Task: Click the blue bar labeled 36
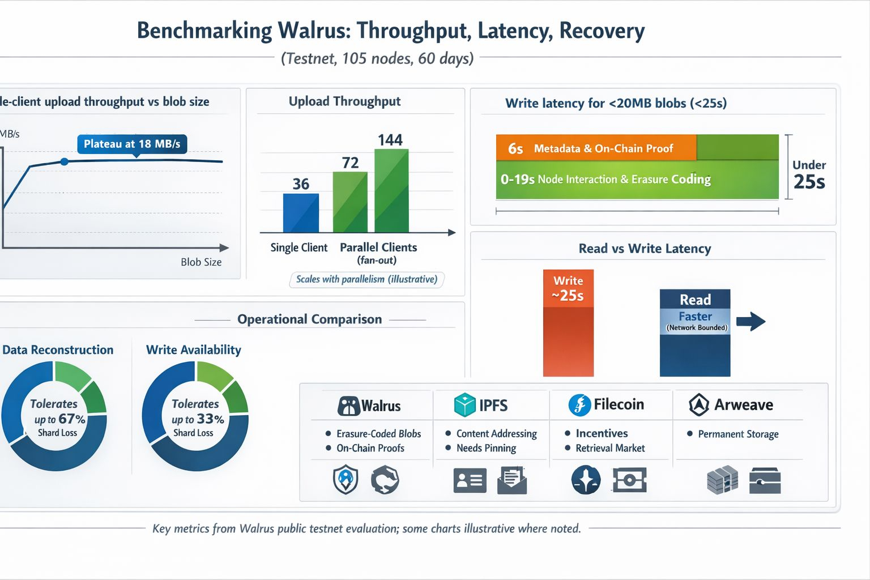(x=301, y=213)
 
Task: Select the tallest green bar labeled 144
(x=391, y=191)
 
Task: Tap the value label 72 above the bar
(x=351, y=163)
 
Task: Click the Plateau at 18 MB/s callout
(x=132, y=144)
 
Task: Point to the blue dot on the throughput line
(x=64, y=162)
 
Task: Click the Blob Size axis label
(x=201, y=262)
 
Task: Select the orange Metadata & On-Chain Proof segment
(x=596, y=148)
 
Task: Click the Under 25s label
(x=809, y=174)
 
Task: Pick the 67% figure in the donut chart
(x=71, y=419)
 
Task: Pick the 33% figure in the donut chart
(x=210, y=419)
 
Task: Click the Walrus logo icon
(x=348, y=406)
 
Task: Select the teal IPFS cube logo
(x=465, y=405)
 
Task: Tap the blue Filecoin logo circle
(x=579, y=404)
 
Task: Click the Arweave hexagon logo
(x=699, y=404)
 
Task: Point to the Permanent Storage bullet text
(x=738, y=434)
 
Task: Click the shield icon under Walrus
(x=346, y=480)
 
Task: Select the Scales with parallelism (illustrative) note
(x=367, y=279)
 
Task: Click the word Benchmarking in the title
(x=204, y=31)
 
